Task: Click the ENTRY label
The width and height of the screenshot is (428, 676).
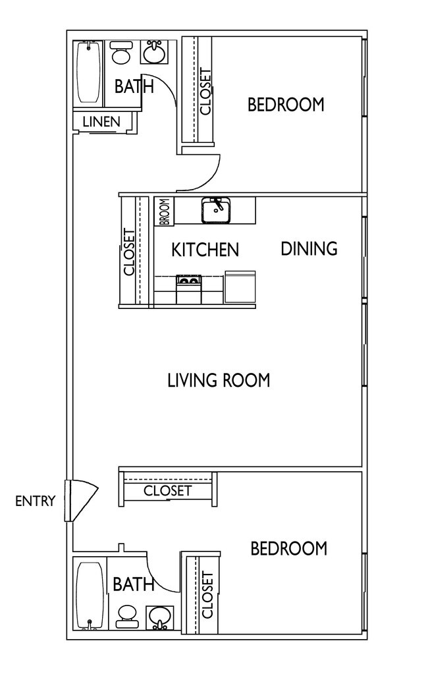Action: [x=35, y=501]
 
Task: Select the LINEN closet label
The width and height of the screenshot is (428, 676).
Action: [x=101, y=121]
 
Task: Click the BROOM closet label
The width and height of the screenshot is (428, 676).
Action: [x=164, y=211]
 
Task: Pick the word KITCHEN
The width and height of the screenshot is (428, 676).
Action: [x=205, y=250]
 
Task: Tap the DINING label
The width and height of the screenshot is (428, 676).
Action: [x=309, y=248]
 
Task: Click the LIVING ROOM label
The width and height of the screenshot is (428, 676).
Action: [x=219, y=380]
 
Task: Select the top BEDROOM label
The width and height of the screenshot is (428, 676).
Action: [x=286, y=104]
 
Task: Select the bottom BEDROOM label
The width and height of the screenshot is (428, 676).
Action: [x=289, y=548]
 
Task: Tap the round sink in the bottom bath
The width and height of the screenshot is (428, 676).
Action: [x=159, y=617]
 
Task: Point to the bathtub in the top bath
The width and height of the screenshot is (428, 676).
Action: [x=88, y=72]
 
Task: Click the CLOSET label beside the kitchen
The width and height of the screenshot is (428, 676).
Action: [x=129, y=252]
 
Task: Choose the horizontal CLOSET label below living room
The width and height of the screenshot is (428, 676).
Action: [x=167, y=491]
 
